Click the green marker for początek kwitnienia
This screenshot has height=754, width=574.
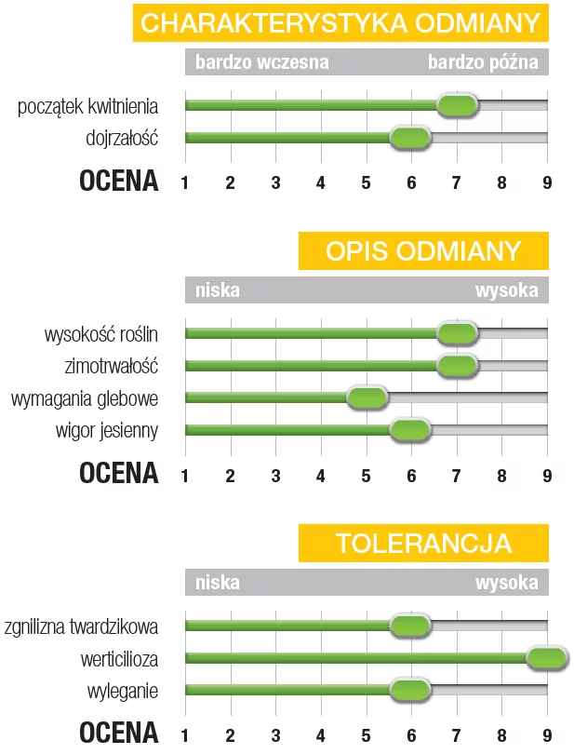(458, 105)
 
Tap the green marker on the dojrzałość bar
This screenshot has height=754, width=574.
(410, 139)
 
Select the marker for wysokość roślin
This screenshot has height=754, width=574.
(458, 333)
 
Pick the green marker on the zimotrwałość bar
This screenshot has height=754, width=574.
(458, 366)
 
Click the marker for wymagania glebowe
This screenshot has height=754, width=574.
(367, 398)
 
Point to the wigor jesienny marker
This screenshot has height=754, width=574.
(410, 430)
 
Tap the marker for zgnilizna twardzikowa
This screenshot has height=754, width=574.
(410, 626)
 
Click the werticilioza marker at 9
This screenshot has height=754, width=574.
(546, 658)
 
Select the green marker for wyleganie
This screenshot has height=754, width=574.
(410, 691)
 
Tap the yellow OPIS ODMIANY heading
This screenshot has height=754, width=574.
(422, 250)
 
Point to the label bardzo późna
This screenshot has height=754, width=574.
(483, 62)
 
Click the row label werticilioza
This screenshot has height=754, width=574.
(118, 659)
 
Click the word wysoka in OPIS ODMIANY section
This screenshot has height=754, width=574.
(506, 290)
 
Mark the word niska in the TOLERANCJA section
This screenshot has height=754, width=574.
(218, 583)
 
